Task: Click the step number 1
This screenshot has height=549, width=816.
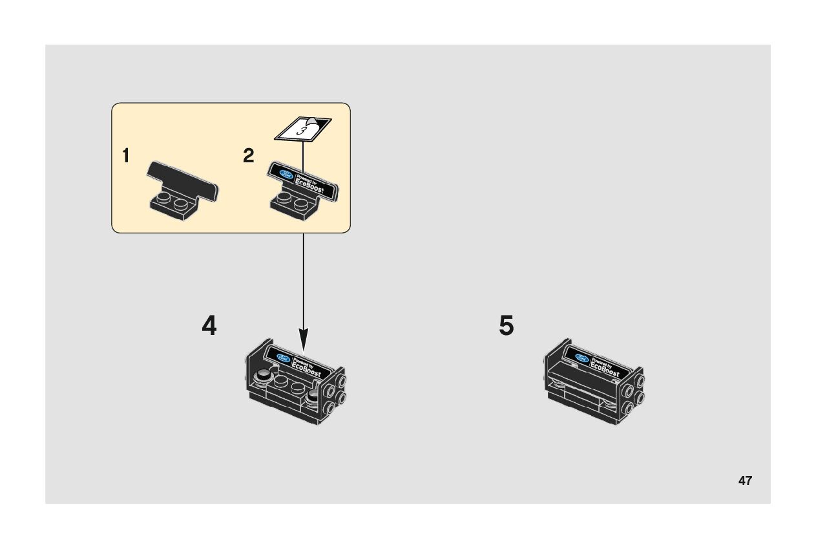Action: (x=126, y=156)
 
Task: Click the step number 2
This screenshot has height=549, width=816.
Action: (x=249, y=156)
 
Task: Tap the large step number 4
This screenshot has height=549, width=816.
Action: (x=209, y=326)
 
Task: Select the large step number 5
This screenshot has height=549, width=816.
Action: (x=507, y=326)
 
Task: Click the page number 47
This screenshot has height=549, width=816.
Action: (x=745, y=480)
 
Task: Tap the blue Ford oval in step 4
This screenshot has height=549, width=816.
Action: (x=283, y=358)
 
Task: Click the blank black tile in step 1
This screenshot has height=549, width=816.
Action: (x=183, y=180)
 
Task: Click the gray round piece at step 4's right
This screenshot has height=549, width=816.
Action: (x=315, y=396)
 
